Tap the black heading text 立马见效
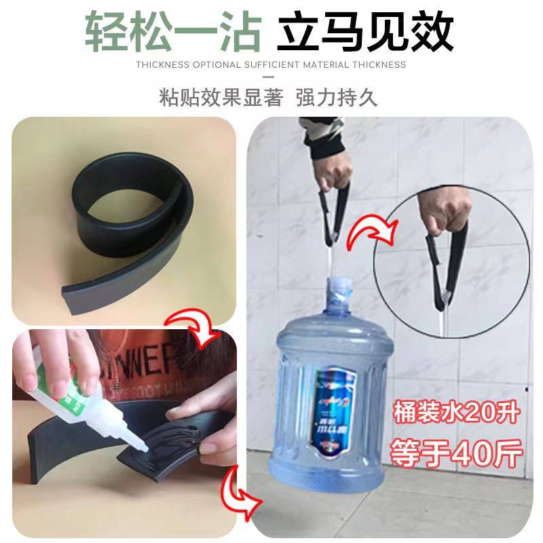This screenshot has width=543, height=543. pos(367,31)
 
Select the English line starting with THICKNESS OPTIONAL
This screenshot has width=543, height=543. pos(271,65)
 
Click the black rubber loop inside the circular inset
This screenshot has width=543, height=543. pos(448,258)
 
